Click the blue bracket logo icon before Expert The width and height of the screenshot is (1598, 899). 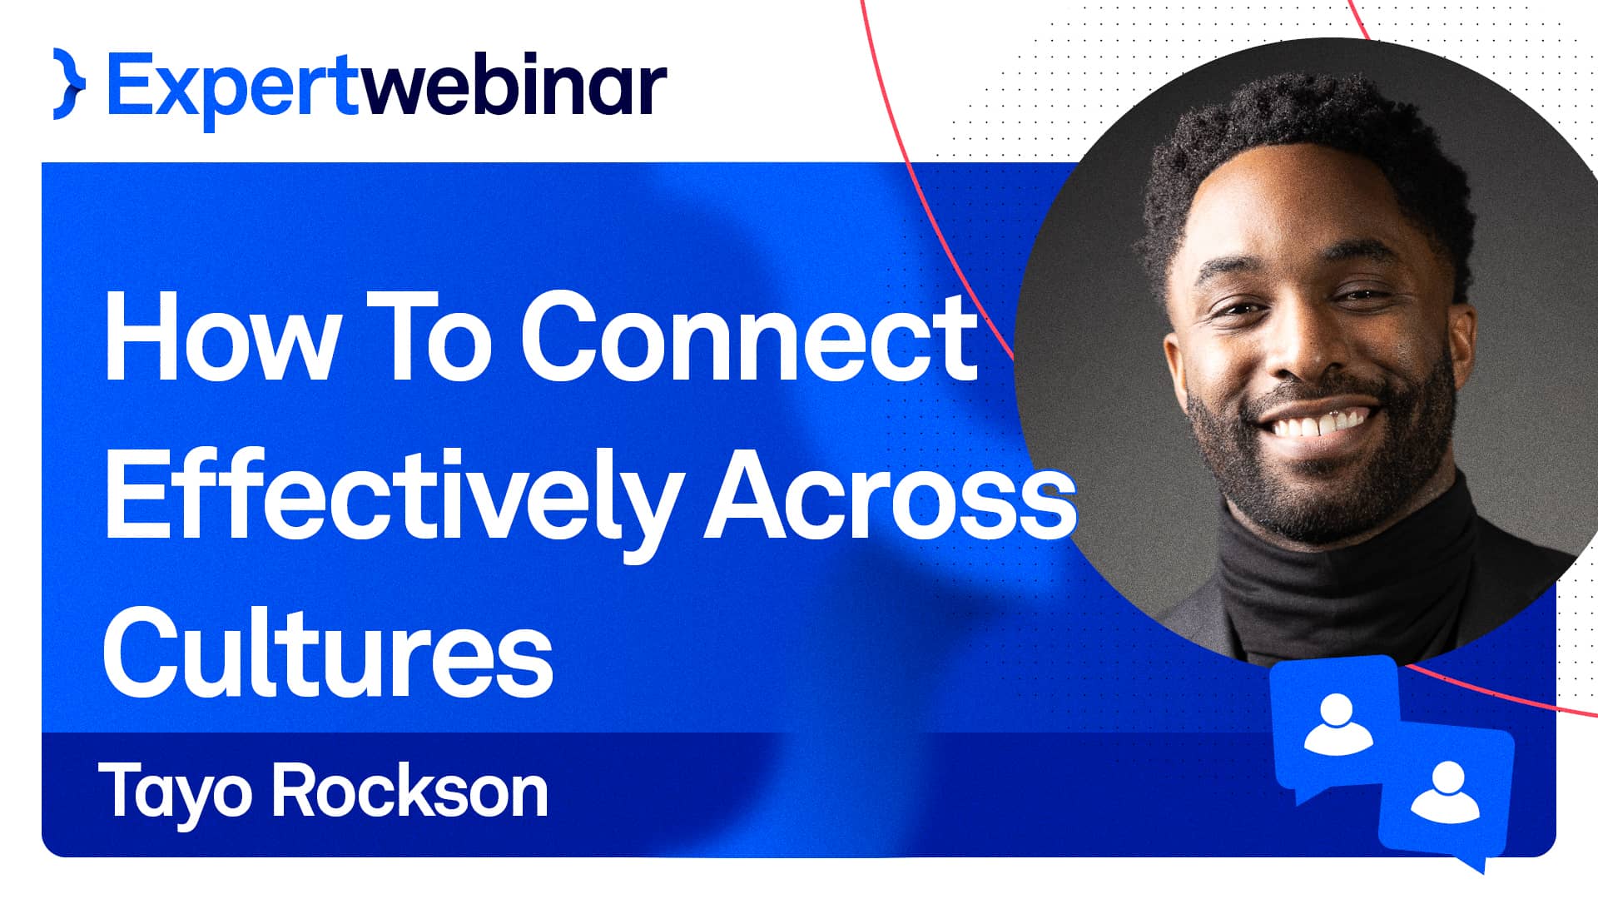click(69, 84)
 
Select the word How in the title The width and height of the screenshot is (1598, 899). click(221, 337)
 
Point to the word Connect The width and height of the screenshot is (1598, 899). click(749, 337)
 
